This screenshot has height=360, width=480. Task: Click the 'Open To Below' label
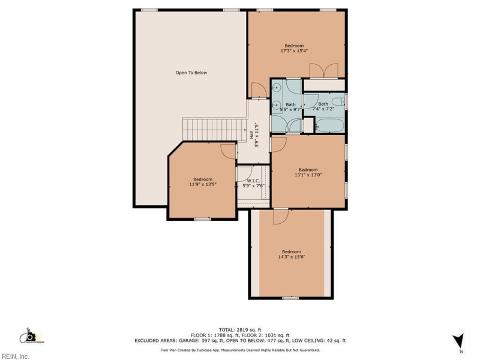(191, 73)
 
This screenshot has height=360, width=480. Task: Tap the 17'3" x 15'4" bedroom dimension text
(294, 51)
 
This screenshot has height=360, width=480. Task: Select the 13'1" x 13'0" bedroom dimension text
(308, 175)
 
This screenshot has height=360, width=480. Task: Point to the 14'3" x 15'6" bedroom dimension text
(292, 257)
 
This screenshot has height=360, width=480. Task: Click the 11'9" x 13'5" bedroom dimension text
(202, 185)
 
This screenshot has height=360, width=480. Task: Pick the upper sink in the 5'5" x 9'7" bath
(276, 88)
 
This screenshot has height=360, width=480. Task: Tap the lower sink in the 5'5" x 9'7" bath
(276, 103)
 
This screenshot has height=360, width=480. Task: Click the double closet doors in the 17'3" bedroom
(324, 71)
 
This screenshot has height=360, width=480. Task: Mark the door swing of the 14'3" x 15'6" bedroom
(280, 217)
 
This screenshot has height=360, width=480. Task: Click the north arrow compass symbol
(458, 341)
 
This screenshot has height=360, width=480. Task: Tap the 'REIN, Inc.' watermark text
(15, 356)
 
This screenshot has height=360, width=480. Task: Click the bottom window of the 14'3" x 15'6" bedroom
(290, 298)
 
